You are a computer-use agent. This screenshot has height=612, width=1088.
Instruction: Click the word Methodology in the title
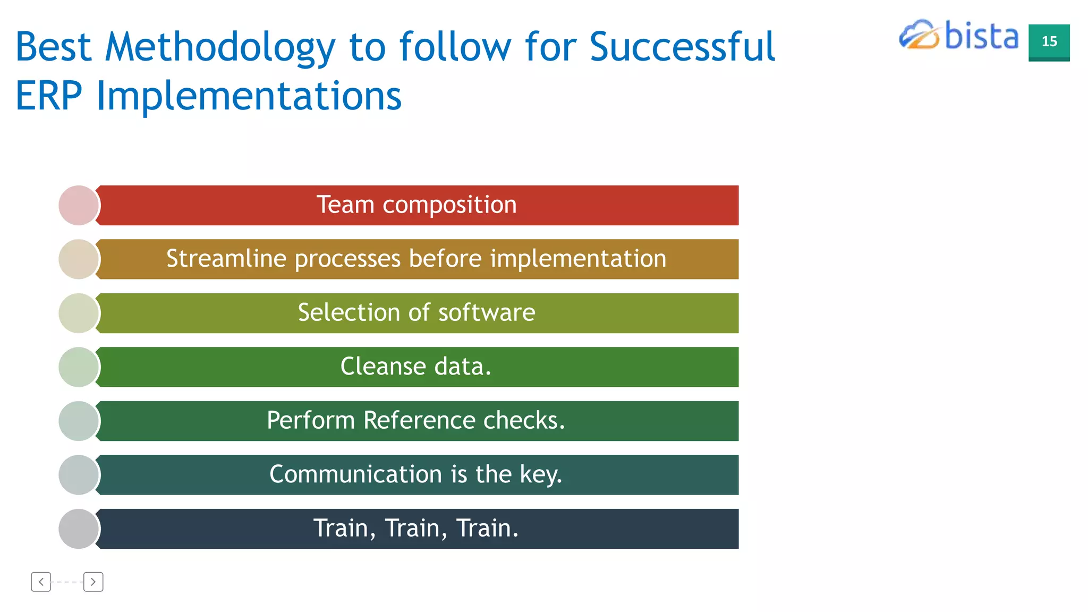click(220, 48)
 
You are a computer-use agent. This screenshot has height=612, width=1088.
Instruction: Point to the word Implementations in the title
click(249, 97)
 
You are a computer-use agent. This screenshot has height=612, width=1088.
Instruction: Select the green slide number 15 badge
click(1049, 42)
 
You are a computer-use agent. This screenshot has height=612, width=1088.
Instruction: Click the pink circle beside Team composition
click(79, 205)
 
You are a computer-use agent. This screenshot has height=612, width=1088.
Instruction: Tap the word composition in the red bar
click(449, 205)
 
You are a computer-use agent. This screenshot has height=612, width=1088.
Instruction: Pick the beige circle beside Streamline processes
click(79, 259)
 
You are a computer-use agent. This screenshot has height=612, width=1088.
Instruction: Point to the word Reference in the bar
click(419, 420)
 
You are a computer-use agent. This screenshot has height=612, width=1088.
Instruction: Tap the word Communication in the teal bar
click(355, 474)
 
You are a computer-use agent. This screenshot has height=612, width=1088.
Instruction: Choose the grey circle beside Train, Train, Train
click(79, 529)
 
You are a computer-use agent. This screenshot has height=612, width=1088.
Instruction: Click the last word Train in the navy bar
click(486, 528)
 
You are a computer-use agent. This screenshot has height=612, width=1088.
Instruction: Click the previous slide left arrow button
click(41, 582)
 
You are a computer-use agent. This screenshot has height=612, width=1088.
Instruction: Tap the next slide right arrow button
click(93, 582)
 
